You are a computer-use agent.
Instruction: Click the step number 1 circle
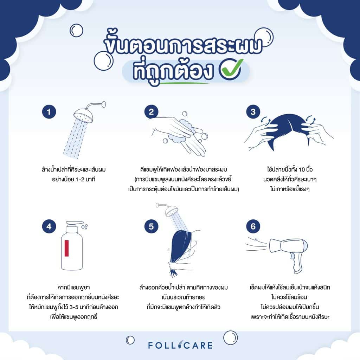[49, 112]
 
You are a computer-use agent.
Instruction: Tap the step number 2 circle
[151, 112]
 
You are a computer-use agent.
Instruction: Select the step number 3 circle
[253, 112]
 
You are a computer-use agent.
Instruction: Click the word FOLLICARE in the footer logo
[180, 345]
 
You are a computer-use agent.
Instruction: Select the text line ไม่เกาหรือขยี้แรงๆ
[284, 188]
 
